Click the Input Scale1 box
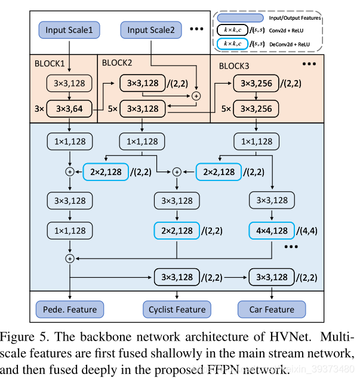click(x=70, y=30)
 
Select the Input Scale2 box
click(x=151, y=30)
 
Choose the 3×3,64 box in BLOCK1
click(x=70, y=109)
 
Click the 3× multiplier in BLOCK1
click(x=39, y=109)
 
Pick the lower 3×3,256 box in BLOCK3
click(x=256, y=109)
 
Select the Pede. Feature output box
click(x=70, y=309)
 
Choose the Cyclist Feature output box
click(x=177, y=309)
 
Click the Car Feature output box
click(x=272, y=309)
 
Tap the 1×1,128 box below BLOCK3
click(x=257, y=142)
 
